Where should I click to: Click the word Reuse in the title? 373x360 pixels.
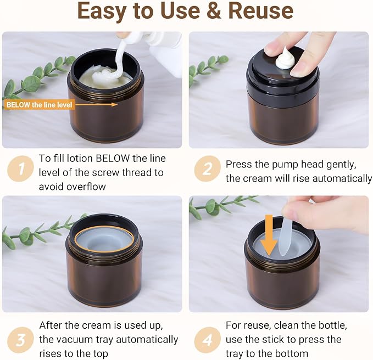click(x=261, y=11)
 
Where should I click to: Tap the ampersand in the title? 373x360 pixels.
click(x=214, y=11)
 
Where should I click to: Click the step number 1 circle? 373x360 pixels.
click(x=21, y=168)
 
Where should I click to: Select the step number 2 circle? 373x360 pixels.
click(x=207, y=168)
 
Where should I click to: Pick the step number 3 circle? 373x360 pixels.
click(x=21, y=340)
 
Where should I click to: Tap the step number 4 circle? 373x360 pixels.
click(x=207, y=340)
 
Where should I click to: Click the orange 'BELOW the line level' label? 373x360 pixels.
click(x=39, y=105)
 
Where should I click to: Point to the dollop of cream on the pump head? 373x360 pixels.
click(x=285, y=59)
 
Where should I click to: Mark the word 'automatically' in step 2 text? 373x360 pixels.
click(x=342, y=179)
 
